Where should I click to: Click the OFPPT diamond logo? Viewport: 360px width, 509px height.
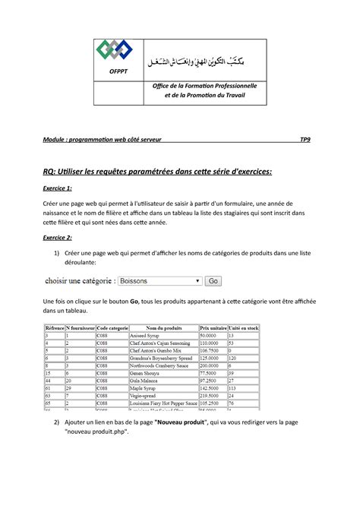coord(113,49)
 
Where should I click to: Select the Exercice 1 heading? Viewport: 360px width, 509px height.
coord(58,188)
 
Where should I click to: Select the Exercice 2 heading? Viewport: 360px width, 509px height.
coord(58,238)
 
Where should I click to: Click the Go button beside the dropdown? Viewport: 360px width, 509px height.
coord(213,281)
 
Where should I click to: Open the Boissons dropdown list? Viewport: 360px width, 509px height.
coord(159,281)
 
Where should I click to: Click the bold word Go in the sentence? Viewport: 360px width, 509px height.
coord(135,302)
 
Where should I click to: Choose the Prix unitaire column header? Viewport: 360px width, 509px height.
coord(213,327)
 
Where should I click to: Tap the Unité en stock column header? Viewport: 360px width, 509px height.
coord(244,327)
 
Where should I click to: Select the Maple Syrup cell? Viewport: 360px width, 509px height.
coord(145,388)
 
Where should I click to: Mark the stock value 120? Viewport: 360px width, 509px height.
coord(234,358)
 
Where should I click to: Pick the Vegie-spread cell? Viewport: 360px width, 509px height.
coord(145,396)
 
